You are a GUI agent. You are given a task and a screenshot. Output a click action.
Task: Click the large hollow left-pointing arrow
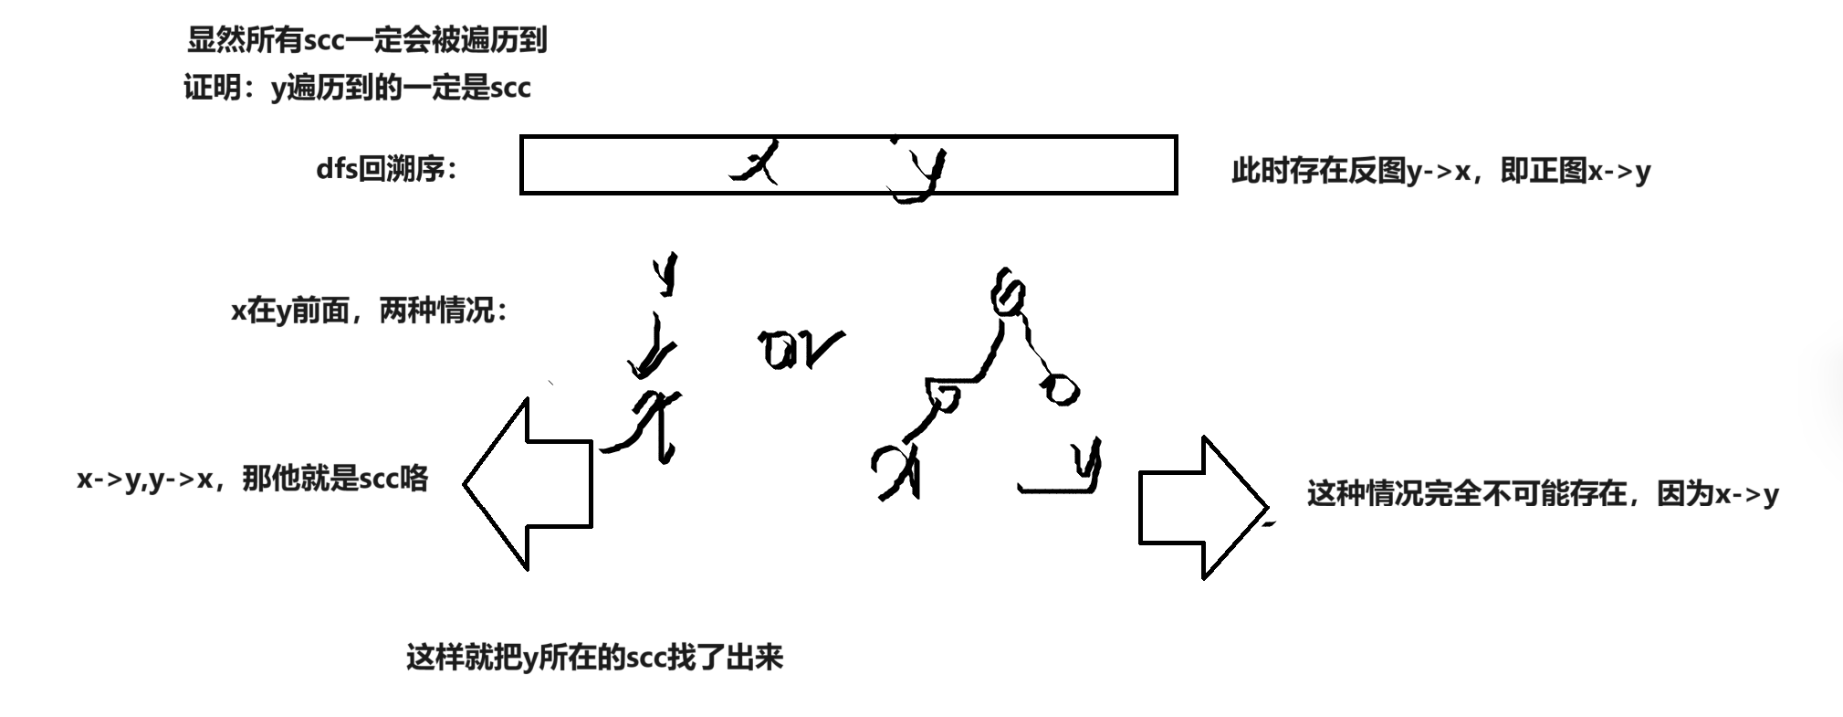tap(529, 484)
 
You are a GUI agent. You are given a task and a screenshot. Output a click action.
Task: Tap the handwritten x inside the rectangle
tap(757, 163)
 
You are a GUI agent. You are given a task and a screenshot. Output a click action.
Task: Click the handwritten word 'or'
tap(800, 350)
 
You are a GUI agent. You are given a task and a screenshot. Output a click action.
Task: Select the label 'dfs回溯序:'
tap(386, 169)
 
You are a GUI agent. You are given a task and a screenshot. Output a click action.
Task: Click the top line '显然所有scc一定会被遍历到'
tap(366, 40)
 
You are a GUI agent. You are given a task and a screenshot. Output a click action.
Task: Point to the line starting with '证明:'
tap(357, 88)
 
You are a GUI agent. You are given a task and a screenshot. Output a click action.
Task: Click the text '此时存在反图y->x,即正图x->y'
tap(1440, 171)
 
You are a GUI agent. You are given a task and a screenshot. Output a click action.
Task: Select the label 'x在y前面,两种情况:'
tap(370, 311)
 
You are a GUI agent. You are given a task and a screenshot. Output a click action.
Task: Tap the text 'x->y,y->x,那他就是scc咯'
tap(253, 479)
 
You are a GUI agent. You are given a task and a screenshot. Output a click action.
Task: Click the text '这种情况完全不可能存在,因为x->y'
tap(1542, 494)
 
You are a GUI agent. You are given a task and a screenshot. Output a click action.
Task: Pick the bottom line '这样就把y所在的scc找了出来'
tap(594, 658)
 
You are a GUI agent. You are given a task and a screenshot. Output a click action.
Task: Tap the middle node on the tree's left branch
tap(944, 395)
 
